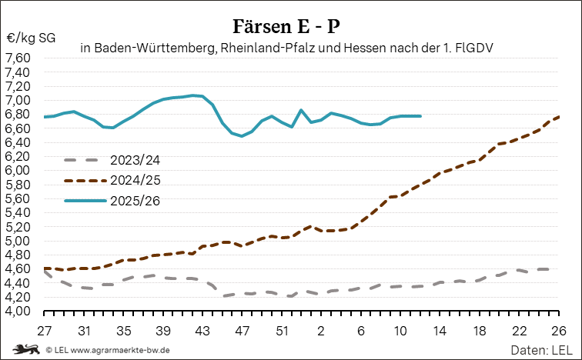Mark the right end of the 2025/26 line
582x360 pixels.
(x=420, y=116)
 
